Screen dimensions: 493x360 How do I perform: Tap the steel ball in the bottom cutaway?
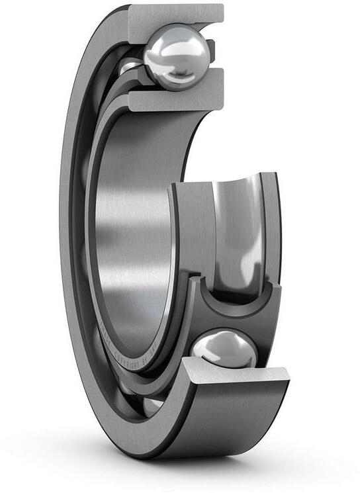point(223,350)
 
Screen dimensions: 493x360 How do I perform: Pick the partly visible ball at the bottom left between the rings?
point(152,403)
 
